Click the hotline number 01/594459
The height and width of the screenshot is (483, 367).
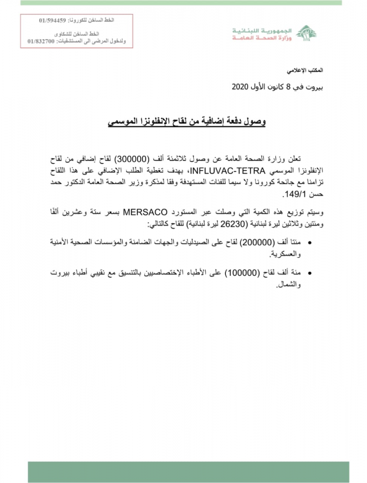(x=50, y=21)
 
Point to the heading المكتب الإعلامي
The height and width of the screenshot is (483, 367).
(x=318, y=71)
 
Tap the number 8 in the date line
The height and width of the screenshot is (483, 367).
(x=296, y=88)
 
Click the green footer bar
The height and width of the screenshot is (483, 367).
(x=196, y=472)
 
